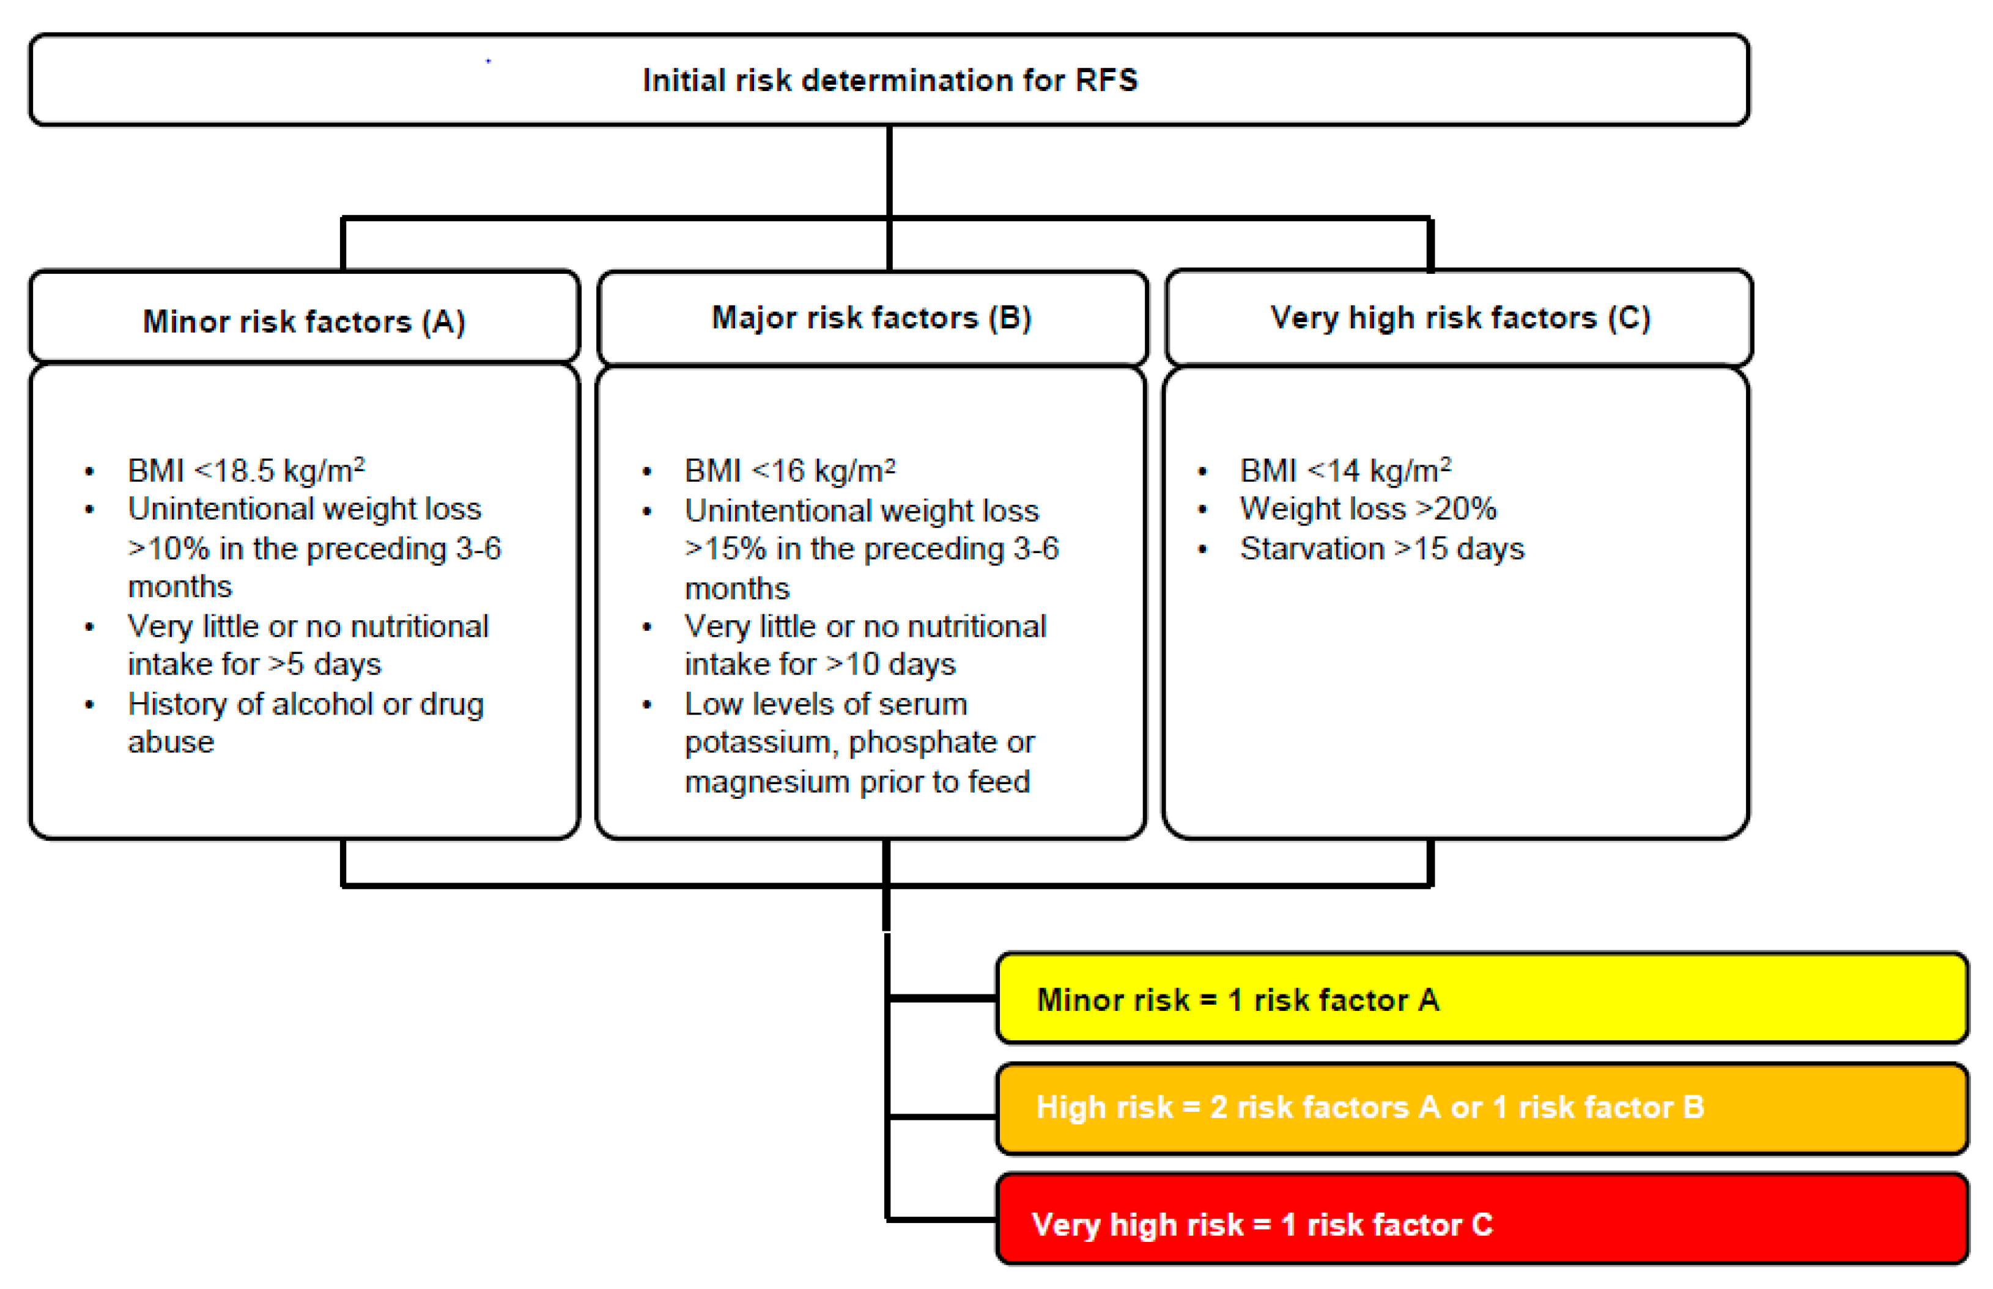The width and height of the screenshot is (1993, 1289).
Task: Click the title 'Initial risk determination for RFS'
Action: (x=889, y=80)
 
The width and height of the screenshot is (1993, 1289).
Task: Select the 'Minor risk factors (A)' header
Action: (x=304, y=321)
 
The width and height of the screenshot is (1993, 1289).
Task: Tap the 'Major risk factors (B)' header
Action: (x=871, y=318)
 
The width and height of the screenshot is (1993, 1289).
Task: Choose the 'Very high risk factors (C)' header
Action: (x=1460, y=318)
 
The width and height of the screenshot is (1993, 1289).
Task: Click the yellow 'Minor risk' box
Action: (x=1481, y=999)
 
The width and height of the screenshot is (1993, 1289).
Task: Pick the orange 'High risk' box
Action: (x=1481, y=1107)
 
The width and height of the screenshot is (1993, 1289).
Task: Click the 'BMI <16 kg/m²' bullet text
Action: (x=789, y=471)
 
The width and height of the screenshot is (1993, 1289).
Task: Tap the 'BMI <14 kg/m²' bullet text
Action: (x=1345, y=471)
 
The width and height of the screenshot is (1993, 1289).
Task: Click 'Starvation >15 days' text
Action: (x=1381, y=549)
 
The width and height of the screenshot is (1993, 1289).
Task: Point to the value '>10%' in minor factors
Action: (x=168, y=549)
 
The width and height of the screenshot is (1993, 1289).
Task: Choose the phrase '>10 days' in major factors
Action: (x=891, y=664)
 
